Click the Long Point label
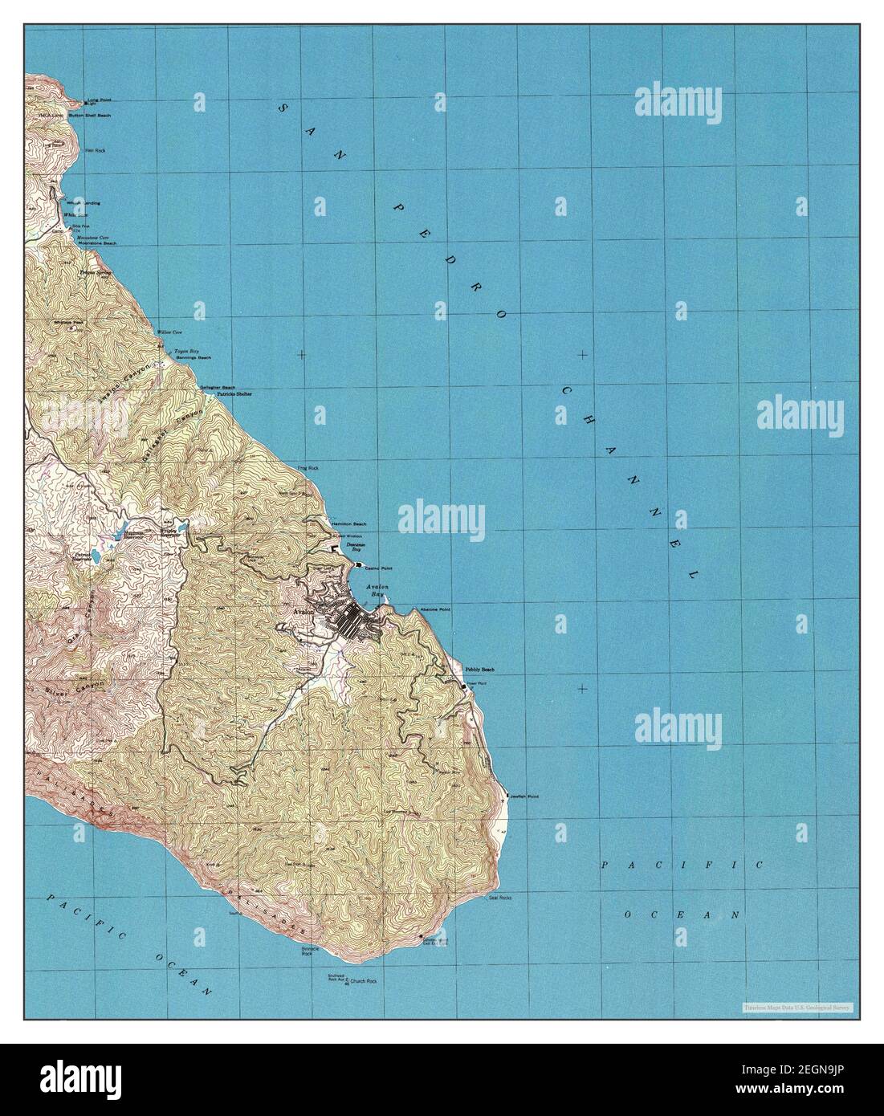point(100,100)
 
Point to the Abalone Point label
point(434,610)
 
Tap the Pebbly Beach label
point(479,670)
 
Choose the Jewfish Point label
point(523,796)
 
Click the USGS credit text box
point(797,1007)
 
